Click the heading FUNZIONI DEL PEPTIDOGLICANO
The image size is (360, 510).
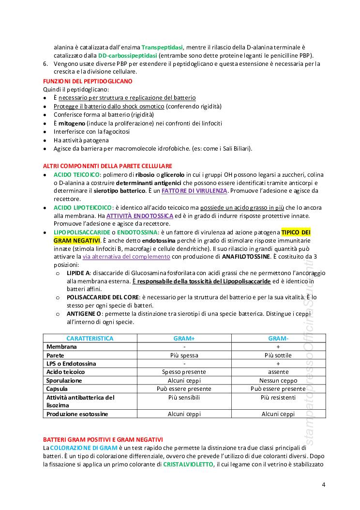coord(88,81)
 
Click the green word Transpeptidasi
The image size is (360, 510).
coord(162,47)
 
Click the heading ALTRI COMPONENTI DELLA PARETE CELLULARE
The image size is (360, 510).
coord(107,166)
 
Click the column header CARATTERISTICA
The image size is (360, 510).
coord(90,339)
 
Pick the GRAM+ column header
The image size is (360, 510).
coord(184,339)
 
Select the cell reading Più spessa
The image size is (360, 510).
coord(184,355)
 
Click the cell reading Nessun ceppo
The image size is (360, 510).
coord(278,380)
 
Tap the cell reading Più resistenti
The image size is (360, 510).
coord(278,397)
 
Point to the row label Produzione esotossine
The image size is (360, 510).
coord(77,414)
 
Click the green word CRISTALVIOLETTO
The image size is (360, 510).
coord(188,464)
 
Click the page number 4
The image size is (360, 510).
coord(323,484)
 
